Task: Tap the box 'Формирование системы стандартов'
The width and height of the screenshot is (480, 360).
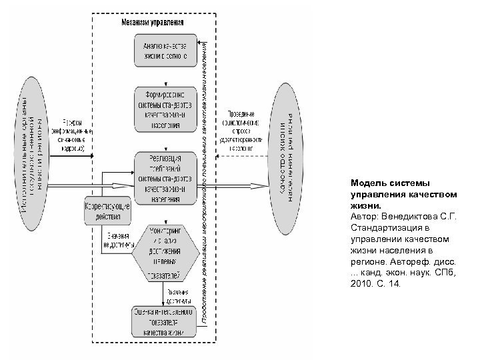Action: tap(164, 109)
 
